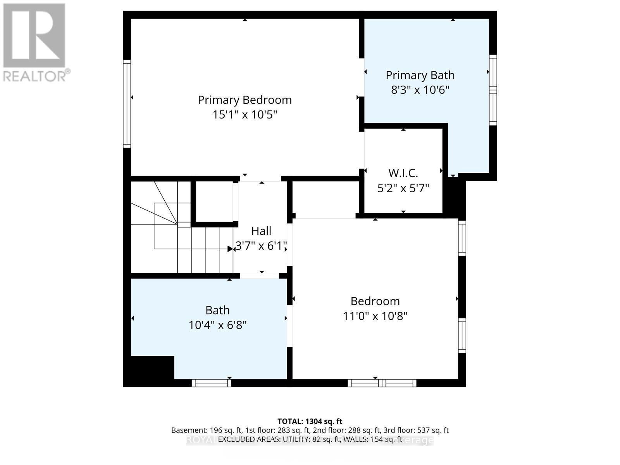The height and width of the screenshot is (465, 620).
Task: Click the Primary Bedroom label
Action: click(245, 100)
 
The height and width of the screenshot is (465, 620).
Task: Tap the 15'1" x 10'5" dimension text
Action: click(245, 115)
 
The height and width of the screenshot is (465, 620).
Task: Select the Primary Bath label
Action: click(420, 75)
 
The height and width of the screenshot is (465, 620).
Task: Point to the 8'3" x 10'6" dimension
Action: click(420, 90)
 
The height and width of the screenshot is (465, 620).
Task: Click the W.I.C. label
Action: click(403, 173)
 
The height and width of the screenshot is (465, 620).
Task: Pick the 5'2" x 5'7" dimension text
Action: click(403, 188)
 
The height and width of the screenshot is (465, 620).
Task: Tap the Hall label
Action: click(261, 231)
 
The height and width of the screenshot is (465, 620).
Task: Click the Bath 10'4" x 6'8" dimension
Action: click(217, 325)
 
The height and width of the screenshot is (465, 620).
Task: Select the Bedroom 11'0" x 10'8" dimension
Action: click(375, 316)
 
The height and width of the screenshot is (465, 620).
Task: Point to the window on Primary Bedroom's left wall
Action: click(127, 103)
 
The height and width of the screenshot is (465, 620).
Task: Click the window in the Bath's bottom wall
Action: click(211, 383)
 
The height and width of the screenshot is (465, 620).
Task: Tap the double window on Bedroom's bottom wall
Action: click(382, 383)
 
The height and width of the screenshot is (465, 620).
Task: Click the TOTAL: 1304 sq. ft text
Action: click(310, 421)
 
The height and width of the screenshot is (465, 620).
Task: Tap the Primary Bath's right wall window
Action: click(493, 90)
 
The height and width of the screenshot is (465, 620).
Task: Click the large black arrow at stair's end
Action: click(230, 249)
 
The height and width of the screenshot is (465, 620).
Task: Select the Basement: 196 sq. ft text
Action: click(207, 430)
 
